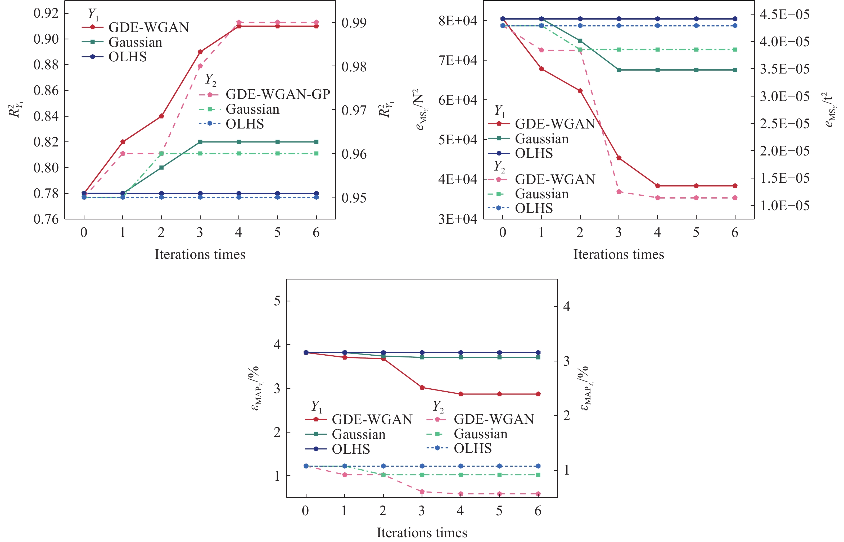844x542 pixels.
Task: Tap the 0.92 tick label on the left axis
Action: pos(46,13)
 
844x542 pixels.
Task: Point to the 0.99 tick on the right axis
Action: pos(354,22)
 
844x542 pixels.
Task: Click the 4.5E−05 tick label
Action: pos(784,15)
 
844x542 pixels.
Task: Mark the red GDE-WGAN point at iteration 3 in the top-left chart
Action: pos(200,52)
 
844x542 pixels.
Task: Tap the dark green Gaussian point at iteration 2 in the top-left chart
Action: pos(161,168)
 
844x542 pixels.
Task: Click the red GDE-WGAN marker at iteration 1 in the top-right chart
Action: pos(541,69)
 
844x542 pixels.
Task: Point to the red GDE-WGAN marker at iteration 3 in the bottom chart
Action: pos(422,388)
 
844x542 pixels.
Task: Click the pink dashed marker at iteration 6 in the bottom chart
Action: pos(538,494)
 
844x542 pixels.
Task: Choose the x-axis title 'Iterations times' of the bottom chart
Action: pos(422,532)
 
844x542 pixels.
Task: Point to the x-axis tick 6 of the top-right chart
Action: pos(735,232)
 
